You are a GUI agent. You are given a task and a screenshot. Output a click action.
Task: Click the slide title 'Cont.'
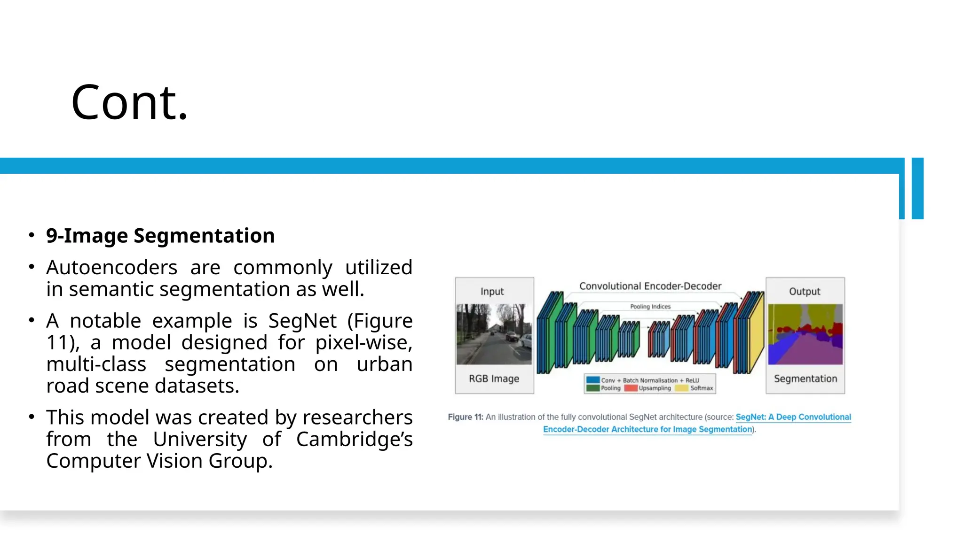(129, 102)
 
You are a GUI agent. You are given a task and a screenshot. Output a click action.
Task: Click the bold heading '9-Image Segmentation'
(160, 236)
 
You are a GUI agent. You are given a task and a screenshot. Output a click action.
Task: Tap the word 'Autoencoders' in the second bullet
(111, 268)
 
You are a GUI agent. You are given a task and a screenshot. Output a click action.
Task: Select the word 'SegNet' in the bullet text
(302, 321)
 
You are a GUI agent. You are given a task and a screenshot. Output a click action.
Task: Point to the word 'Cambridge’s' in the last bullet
(354, 440)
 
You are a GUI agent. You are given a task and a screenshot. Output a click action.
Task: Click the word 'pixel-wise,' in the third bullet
(363, 343)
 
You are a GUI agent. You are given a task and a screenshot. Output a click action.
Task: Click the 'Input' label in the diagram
(492, 292)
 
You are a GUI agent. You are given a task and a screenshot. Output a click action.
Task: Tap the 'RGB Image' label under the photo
(494, 379)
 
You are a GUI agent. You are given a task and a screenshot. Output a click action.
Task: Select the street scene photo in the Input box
(494, 334)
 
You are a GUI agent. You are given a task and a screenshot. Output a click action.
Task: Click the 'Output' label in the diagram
(805, 292)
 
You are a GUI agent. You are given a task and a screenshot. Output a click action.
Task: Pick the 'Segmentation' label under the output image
(805, 379)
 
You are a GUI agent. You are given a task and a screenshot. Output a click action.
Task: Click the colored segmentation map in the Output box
(805, 334)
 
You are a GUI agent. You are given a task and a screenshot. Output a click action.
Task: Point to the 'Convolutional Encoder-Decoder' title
(650, 286)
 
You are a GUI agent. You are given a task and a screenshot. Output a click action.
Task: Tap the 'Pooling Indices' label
(650, 307)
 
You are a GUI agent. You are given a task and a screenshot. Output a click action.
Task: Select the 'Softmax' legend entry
(701, 388)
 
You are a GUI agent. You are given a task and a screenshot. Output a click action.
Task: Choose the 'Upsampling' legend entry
(654, 388)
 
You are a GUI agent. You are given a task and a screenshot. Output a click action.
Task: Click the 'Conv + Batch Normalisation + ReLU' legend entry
(649, 380)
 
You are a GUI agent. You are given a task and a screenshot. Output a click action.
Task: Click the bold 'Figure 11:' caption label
(465, 417)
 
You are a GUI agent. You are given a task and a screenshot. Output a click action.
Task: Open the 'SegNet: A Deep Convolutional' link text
(793, 417)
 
